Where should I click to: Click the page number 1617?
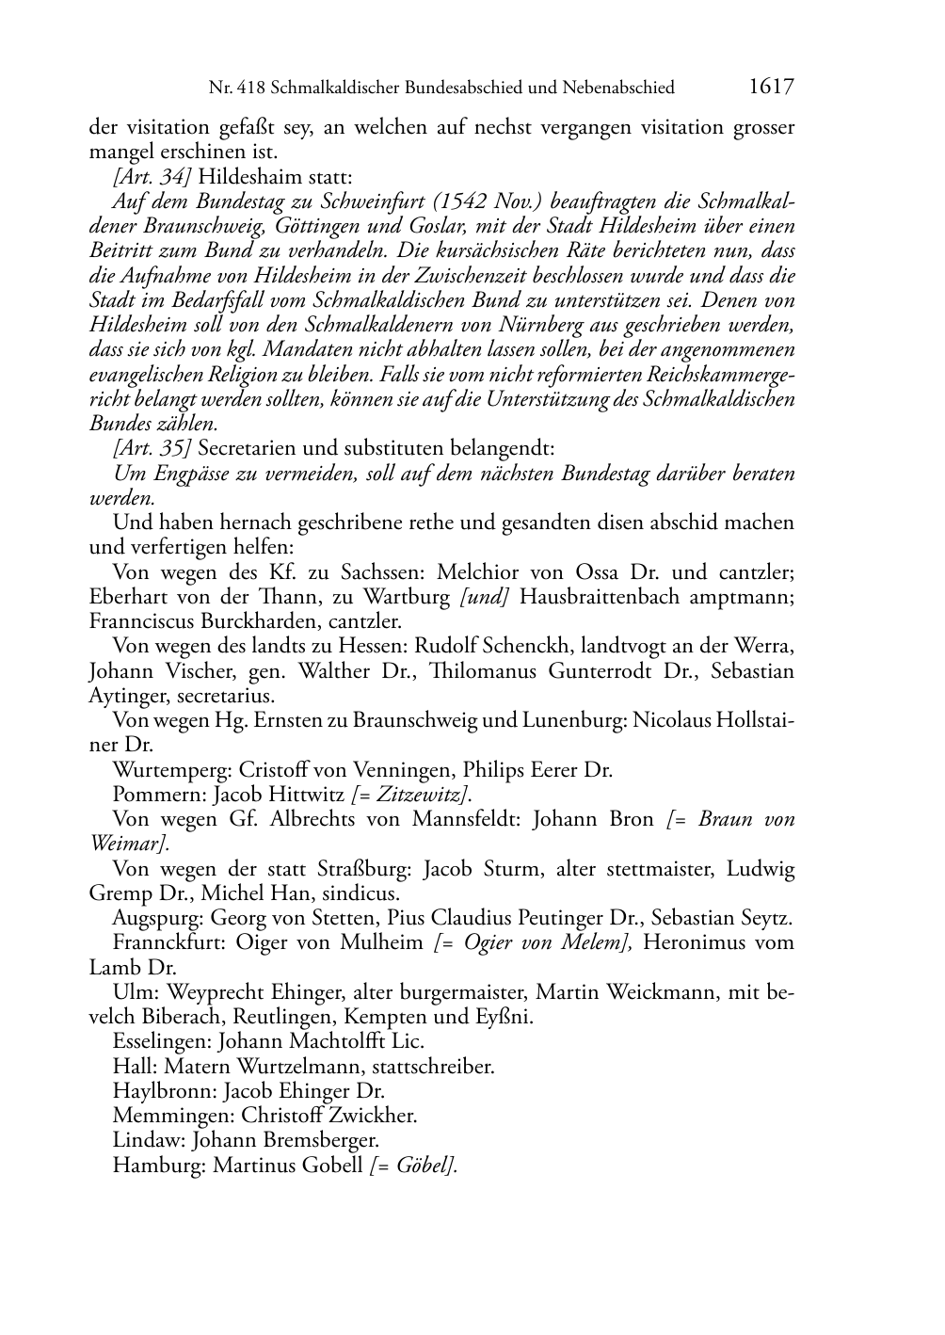point(771,87)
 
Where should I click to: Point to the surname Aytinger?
point(129,696)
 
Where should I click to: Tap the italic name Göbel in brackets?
point(423,1166)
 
